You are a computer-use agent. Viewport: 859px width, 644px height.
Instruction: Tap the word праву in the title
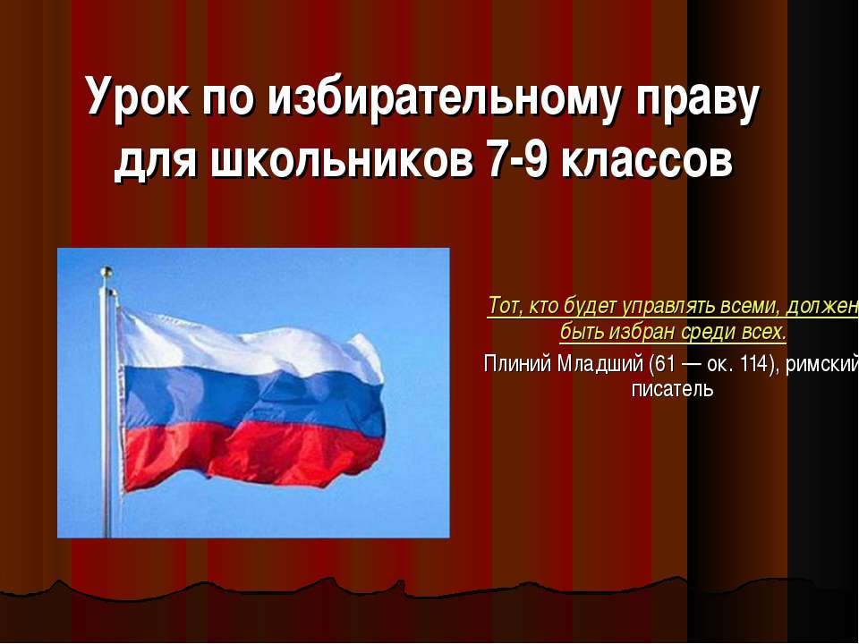(698, 97)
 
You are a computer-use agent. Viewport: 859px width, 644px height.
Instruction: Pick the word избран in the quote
(647, 334)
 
